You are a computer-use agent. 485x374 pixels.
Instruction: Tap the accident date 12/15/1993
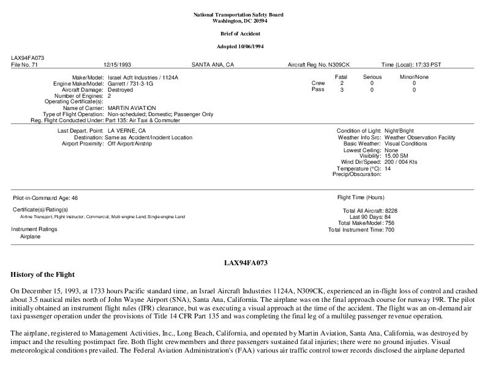click(x=116, y=64)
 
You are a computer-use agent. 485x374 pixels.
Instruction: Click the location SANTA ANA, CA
click(x=212, y=64)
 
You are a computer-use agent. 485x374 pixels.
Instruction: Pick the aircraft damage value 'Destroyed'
click(x=120, y=89)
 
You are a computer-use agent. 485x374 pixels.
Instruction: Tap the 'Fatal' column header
click(x=342, y=77)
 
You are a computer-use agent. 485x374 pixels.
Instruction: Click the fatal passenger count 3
click(x=342, y=90)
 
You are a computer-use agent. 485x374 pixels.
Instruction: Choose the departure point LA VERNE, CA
click(x=127, y=131)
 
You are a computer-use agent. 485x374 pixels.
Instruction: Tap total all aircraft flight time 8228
click(x=391, y=210)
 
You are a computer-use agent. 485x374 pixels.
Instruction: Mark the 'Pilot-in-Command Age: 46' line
click(x=45, y=198)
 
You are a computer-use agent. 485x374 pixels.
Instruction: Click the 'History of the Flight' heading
click(x=42, y=274)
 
